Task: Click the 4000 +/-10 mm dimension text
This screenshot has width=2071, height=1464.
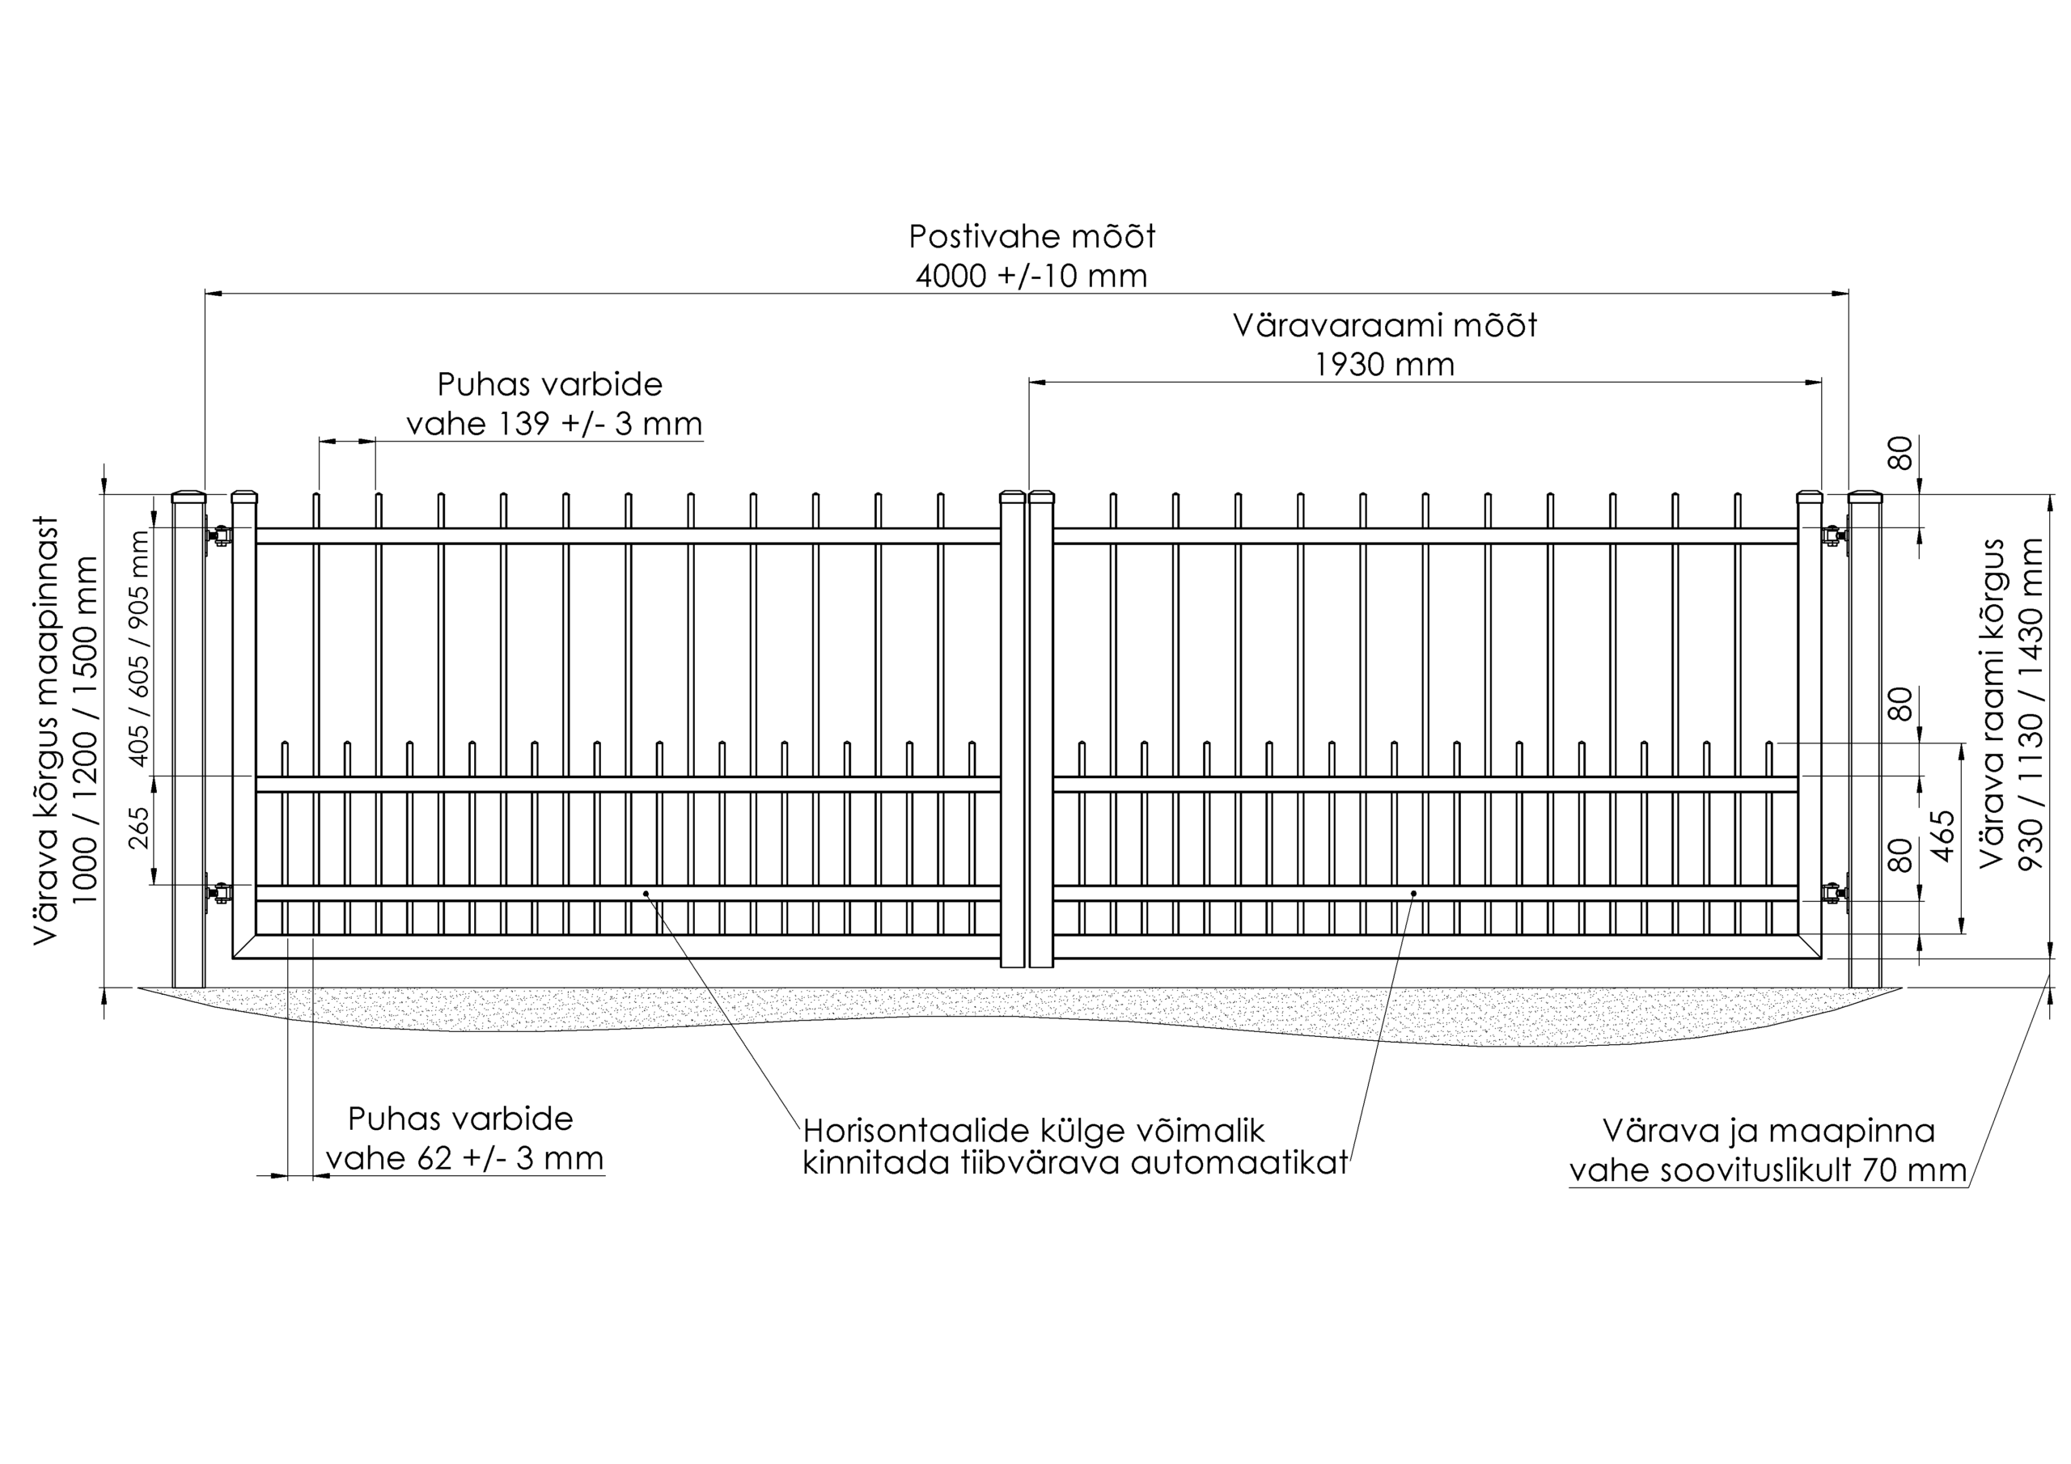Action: pos(1031,275)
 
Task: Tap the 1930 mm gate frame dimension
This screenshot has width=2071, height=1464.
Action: pos(1384,365)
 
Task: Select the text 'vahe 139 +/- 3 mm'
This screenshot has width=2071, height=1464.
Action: pos(554,423)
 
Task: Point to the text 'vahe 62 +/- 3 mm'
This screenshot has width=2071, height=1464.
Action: pos(464,1157)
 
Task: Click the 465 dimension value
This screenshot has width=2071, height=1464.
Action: pos(1944,836)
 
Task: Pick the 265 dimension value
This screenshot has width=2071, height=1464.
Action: pos(139,827)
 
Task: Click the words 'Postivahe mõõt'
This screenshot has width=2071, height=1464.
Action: pos(1031,236)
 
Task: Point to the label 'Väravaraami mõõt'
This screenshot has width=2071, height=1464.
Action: pos(1384,326)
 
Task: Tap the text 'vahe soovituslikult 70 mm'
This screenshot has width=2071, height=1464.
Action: pos(1768,1170)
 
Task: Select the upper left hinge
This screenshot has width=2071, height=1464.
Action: pos(218,535)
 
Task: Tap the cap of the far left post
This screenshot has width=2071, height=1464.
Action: pos(188,496)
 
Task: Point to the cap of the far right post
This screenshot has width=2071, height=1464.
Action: pos(1866,496)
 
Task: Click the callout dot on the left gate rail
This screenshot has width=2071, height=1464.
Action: pos(646,893)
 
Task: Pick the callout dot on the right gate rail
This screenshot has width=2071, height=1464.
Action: pos(1413,893)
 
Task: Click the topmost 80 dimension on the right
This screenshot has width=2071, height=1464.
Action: pos(1900,453)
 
